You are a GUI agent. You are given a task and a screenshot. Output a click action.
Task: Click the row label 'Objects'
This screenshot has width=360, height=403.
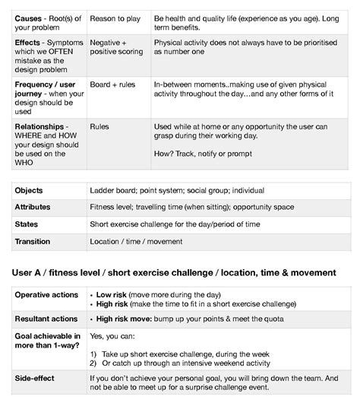29,190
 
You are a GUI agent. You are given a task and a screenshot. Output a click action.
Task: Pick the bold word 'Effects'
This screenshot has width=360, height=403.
28,43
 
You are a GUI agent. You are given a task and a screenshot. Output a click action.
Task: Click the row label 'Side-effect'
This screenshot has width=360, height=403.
36,377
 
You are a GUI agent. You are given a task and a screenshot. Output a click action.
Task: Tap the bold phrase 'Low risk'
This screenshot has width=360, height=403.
111,294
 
